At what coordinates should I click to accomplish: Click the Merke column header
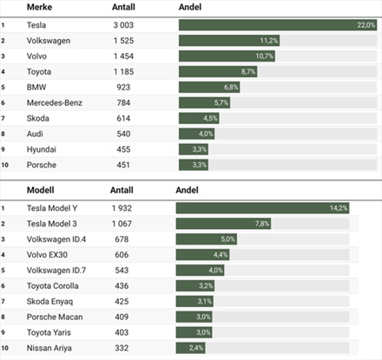pyautogui.click(x=39, y=7)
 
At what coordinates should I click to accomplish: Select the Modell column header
pyautogui.click(x=40, y=190)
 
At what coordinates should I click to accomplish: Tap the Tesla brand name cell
pyautogui.click(x=36, y=25)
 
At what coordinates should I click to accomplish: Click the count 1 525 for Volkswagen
pyautogui.click(x=123, y=41)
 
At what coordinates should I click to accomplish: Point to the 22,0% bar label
pyautogui.click(x=366, y=25)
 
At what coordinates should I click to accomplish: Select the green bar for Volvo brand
pyautogui.click(x=227, y=56)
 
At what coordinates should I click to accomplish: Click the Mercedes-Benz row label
pyautogui.click(x=55, y=102)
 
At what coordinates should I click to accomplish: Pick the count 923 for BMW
pyautogui.click(x=123, y=88)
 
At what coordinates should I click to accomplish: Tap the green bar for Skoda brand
pyautogui.click(x=199, y=118)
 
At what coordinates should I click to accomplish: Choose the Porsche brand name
pyautogui.click(x=42, y=165)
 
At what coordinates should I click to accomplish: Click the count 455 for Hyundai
pyautogui.click(x=123, y=149)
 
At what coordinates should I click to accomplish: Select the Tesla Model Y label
pyautogui.click(x=52, y=208)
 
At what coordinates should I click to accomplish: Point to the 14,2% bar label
pyautogui.click(x=339, y=208)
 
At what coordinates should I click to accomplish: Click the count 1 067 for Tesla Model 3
pyautogui.click(x=122, y=224)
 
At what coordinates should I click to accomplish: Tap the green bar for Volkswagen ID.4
pyautogui.click(x=207, y=239)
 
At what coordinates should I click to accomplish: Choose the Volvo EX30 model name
pyautogui.click(x=47, y=255)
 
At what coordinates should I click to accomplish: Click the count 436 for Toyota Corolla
pyautogui.click(x=122, y=286)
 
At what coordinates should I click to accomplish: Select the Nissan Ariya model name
pyautogui.click(x=49, y=348)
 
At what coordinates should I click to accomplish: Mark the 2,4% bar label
pyautogui.click(x=196, y=348)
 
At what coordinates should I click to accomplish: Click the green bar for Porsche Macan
pyautogui.click(x=194, y=317)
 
